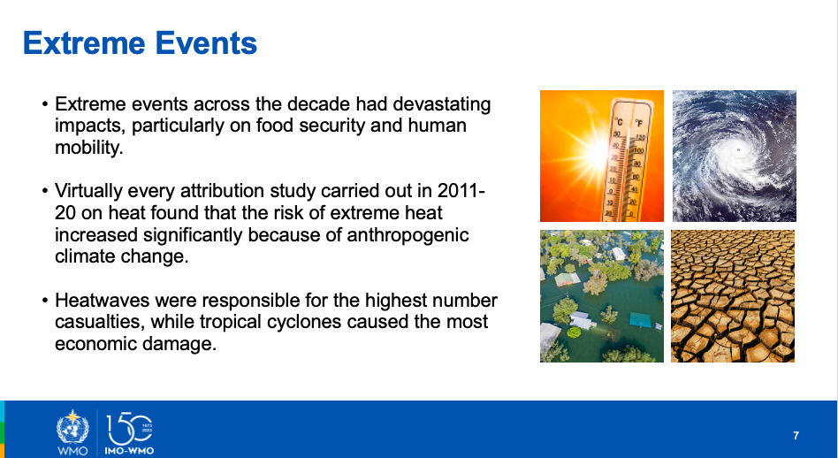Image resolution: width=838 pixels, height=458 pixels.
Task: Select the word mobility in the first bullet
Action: [88, 148]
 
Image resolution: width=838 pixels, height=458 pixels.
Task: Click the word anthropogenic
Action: [408, 235]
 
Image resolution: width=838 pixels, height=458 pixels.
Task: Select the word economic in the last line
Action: [94, 344]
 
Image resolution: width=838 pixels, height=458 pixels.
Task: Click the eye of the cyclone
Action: [739, 149]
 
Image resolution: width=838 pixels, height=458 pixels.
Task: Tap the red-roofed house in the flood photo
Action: [568, 279]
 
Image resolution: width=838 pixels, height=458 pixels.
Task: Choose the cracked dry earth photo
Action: [733, 296]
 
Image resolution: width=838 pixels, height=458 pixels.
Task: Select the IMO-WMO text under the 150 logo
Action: [129, 451]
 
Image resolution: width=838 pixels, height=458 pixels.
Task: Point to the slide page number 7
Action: [796, 436]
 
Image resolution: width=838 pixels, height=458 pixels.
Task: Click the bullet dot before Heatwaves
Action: [45, 301]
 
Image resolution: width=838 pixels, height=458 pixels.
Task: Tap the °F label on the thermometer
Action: [638, 124]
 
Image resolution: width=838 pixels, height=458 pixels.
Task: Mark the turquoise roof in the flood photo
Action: [640, 319]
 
